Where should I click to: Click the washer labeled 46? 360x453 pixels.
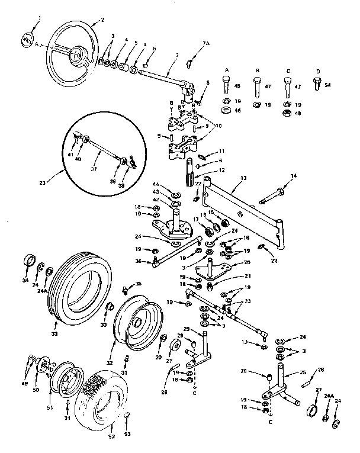point(227,110)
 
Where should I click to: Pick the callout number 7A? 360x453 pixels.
point(206,44)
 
